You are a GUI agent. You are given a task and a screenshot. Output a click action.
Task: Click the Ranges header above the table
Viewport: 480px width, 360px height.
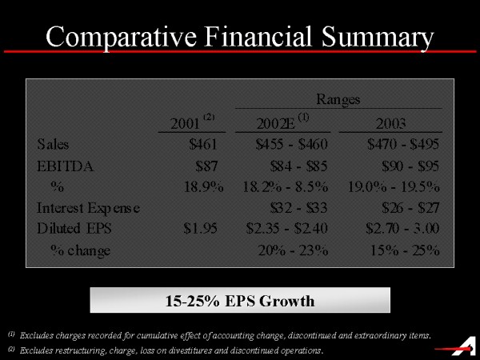coord(339,99)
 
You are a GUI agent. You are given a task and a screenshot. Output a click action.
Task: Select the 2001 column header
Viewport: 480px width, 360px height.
coord(186,123)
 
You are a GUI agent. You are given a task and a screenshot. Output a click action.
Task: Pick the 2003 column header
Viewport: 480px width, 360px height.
coord(391,123)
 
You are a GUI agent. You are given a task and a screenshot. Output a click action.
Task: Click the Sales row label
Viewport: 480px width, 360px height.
coord(53,145)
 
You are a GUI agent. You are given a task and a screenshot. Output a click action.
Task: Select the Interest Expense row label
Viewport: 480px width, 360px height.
coord(88,208)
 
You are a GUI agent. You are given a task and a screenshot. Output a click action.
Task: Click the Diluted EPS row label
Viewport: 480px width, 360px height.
coord(74,229)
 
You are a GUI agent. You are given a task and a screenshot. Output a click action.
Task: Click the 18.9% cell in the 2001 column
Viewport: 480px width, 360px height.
coord(197,187)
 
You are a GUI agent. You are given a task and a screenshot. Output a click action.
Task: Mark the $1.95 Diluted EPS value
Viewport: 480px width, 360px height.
coord(200,229)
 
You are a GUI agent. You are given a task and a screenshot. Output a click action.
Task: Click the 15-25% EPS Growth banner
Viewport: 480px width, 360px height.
coord(239,301)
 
